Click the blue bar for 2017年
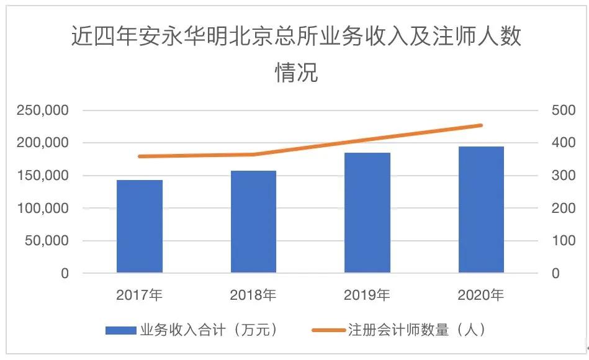[140, 227]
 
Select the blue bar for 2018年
[253, 222]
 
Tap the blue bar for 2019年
[367, 213]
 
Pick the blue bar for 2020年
[481, 210]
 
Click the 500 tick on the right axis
[563, 110]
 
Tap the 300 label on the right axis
[563, 176]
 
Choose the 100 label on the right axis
[563, 241]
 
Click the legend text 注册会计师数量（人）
[416, 330]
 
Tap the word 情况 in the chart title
[296, 73]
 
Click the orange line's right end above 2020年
[481, 125]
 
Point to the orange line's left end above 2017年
[140, 156]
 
